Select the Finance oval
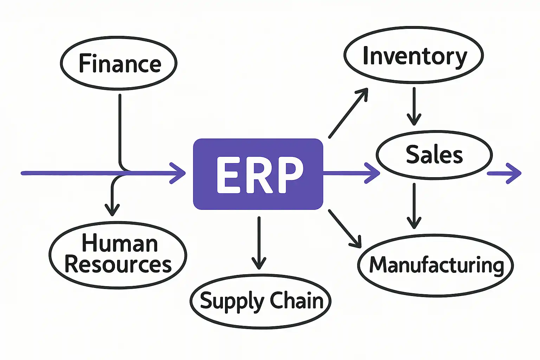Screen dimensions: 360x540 click(x=119, y=63)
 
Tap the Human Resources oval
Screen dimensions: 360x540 click(x=118, y=255)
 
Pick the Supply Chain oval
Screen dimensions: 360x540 click(x=261, y=301)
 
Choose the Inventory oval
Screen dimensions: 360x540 click(x=414, y=56)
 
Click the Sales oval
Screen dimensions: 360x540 click(x=434, y=155)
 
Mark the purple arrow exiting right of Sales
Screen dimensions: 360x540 click(x=504, y=173)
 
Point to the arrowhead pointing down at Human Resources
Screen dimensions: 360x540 click(x=112, y=210)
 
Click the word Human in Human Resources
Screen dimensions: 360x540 click(x=120, y=243)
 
